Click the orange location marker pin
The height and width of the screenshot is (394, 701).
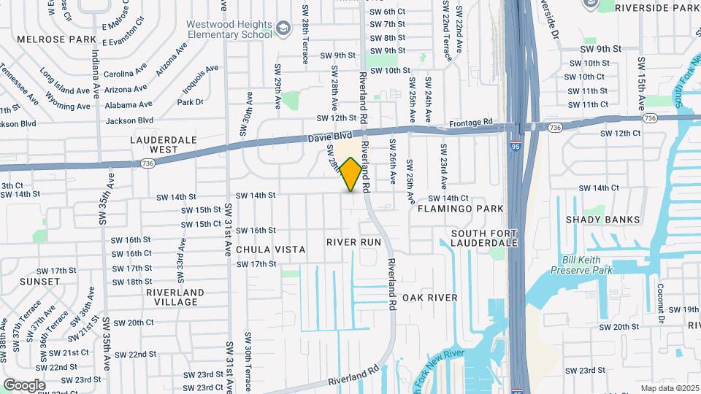(351, 175)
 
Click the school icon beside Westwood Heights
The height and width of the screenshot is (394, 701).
(282, 29)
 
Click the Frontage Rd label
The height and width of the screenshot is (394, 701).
(471, 122)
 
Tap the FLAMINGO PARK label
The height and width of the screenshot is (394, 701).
(461, 209)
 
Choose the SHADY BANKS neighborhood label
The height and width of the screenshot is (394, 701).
(598, 219)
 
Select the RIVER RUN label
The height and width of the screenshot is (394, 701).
(354, 242)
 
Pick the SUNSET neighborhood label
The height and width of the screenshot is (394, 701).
(40, 281)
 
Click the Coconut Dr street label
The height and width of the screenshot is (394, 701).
(660, 303)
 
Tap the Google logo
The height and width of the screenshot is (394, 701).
(24, 385)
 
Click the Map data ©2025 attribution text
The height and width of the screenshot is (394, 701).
(669, 388)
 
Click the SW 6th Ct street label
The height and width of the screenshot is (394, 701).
(387, 12)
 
